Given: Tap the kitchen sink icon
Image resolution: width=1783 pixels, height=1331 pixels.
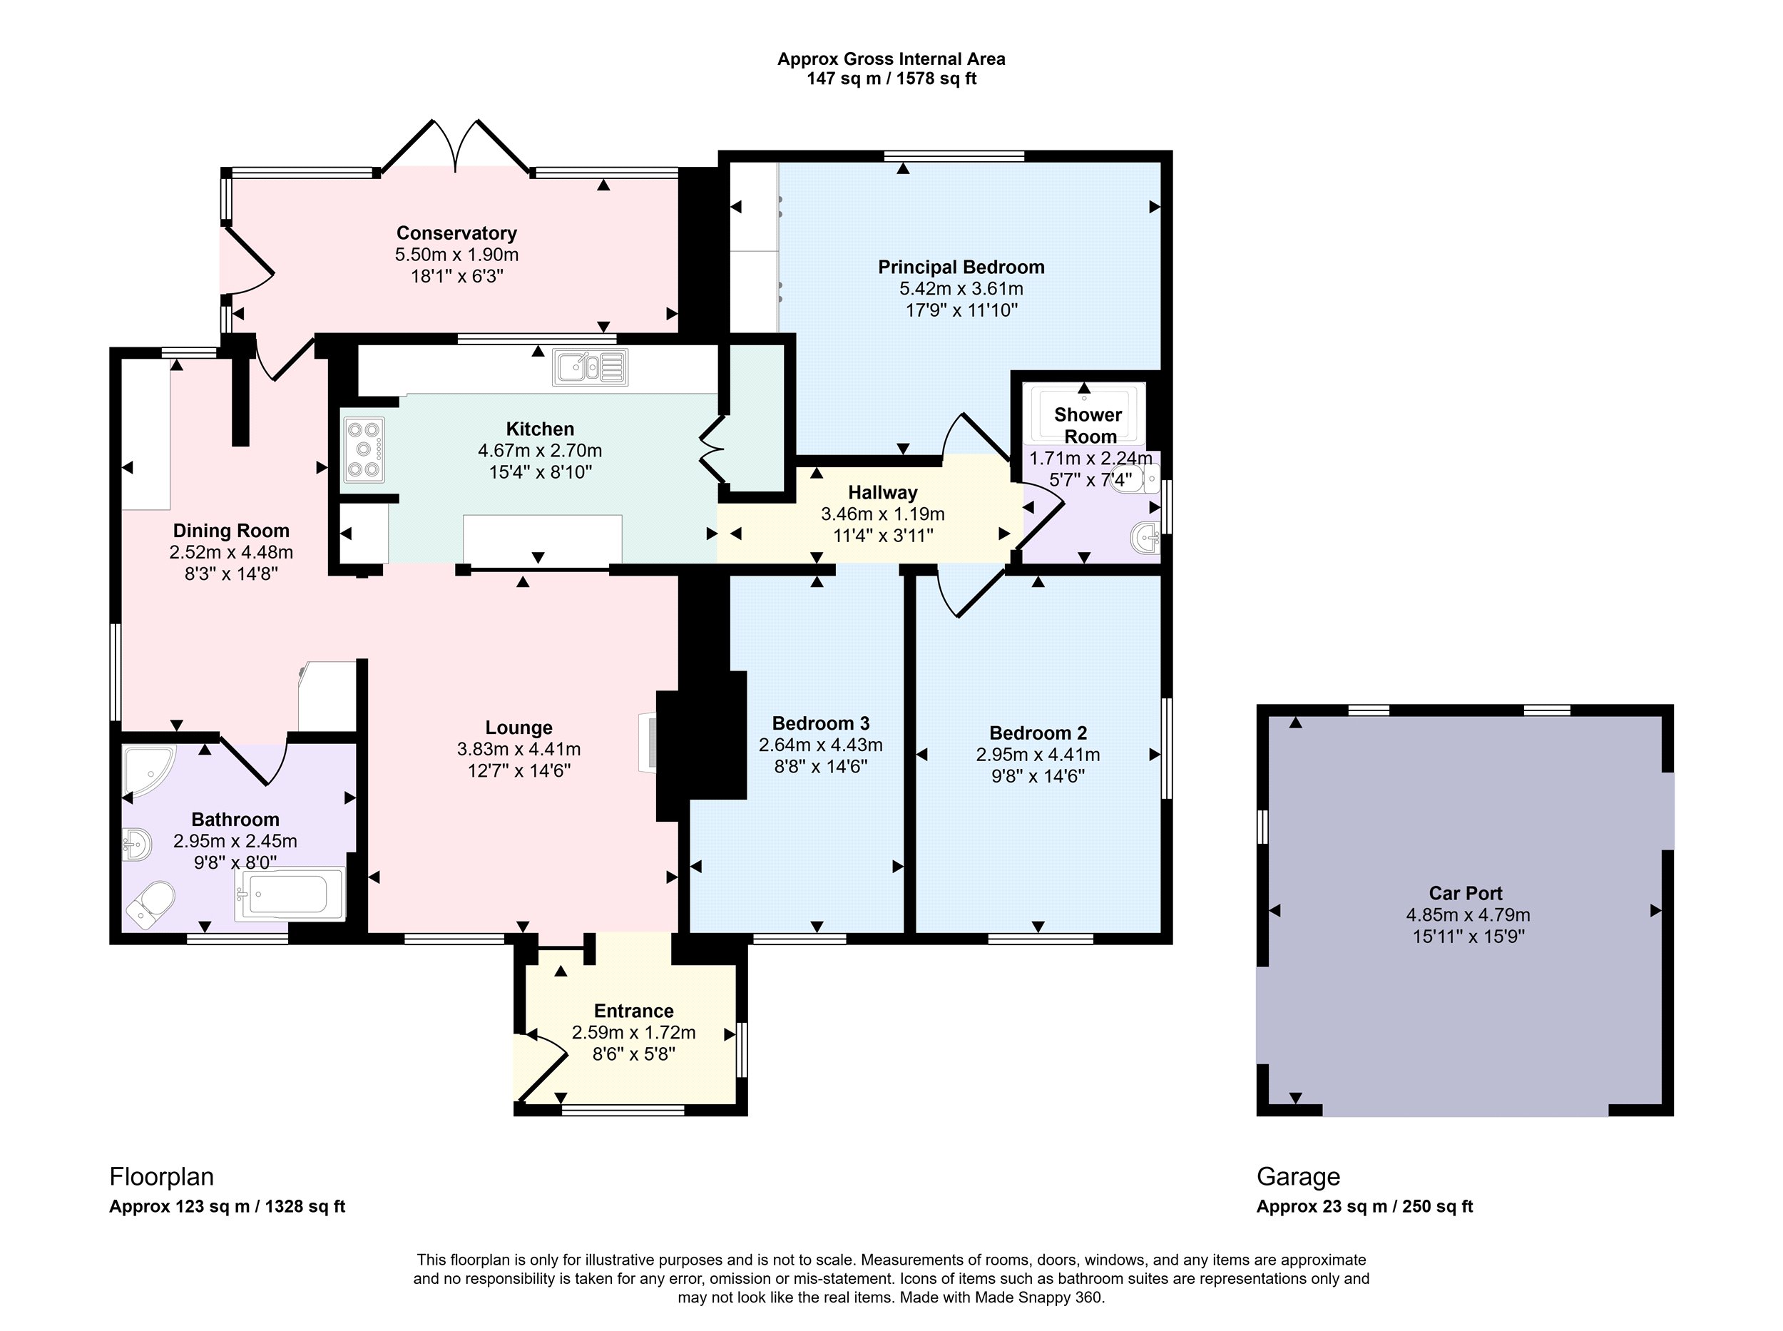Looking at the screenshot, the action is (x=590, y=367).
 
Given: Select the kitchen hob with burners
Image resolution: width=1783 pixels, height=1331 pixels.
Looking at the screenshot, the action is (x=363, y=449).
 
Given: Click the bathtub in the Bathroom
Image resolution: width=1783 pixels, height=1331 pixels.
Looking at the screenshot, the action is (x=290, y=894).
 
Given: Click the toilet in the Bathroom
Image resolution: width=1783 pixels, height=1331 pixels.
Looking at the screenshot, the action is (x=150, y=904).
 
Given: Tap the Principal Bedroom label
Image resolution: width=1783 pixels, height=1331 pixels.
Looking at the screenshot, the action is (x=961, y=267).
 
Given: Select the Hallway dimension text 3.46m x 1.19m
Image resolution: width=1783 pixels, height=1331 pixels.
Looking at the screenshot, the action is (x=883, y=514).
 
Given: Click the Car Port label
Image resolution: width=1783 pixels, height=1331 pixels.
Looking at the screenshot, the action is (x=1466, y=893).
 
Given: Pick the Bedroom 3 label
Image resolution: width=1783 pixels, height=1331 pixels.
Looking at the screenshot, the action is (x=821, y=723).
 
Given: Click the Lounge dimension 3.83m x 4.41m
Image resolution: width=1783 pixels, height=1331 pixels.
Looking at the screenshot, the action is (x=519, y=749).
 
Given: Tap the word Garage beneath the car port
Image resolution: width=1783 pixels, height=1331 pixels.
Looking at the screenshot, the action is (x=1298, y=1177).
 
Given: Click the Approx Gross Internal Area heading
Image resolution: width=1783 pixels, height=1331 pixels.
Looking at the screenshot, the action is (x=891, y=58).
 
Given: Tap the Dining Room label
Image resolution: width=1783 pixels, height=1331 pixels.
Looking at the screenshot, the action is (x=231, y=530).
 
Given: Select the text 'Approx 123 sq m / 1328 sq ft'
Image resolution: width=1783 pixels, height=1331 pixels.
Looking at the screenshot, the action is (x=228, y=1206).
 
